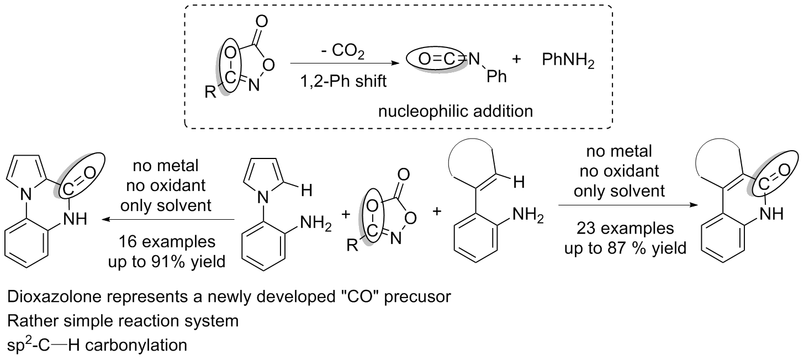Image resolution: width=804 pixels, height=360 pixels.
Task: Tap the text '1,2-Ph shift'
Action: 343,82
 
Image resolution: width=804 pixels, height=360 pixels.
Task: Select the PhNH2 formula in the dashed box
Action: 568,60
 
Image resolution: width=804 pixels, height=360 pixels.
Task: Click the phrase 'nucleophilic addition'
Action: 456,112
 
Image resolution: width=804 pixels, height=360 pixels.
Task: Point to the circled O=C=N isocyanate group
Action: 440,60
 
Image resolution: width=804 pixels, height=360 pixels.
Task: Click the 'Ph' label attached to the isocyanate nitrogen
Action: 496,76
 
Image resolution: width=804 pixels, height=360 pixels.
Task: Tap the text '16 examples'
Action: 167,241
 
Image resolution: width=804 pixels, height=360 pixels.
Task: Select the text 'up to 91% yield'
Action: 167,262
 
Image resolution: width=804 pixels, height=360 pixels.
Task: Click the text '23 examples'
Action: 625,228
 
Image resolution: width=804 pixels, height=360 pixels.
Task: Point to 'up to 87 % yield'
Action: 625,248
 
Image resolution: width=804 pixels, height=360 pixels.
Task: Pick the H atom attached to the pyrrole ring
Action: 306,190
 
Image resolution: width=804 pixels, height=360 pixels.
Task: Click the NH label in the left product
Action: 75,219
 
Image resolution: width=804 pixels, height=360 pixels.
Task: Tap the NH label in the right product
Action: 772,214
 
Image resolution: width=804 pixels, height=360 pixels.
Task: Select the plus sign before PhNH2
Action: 516,59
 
